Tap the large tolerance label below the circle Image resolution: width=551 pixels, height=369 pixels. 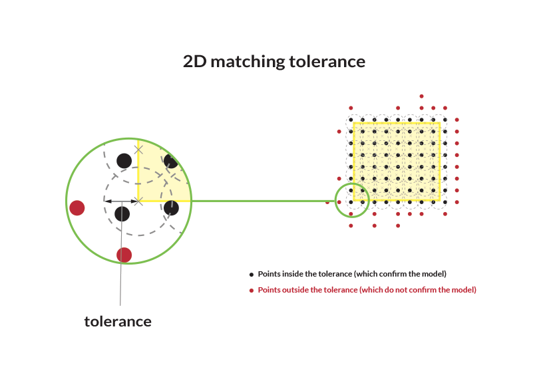pyautogui.click(x=118, y=322)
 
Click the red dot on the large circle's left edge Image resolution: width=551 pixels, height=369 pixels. pyautogui.click(x=77, y=207)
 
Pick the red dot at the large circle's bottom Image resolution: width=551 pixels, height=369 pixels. pyautogui.click(x=124, y=255)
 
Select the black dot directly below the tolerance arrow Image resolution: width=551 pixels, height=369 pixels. pyautogui.click(x=122, y=213)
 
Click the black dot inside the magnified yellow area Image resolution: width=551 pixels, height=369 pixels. pyautogui.click(x=171, y=162)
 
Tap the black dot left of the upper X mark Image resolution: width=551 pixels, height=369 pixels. pyautogui.click(x=124, y=160)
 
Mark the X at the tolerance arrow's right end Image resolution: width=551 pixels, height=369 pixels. pyautogui.click(x=138, y=201)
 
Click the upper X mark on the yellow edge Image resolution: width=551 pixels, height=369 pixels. pyautogui.click(x=138, y=150)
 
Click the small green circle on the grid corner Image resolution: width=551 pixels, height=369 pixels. pyautogui.click(x=351, y=201)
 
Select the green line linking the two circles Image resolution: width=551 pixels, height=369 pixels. pyautogui.click(x=263, y=201)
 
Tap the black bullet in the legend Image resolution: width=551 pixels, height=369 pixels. pyautogui.click(x=251, y=275)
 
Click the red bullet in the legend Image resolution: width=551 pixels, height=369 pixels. pyautogui.click(x=251, y=291)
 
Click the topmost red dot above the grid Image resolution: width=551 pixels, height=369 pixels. pyautogui.click(x=421, y=96)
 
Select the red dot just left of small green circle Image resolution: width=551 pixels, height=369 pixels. pyautogui.click(x=327, y=201)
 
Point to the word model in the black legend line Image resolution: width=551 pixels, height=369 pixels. pyautogui.click(x=433, y=274)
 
